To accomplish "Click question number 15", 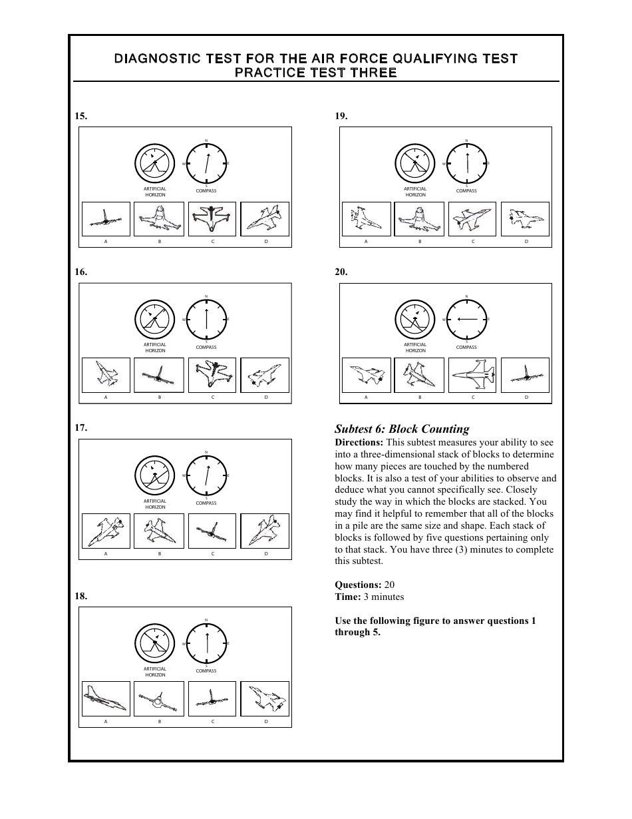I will click(80, 116).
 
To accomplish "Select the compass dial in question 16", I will click(206, 320).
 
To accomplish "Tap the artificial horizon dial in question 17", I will click(154, 475).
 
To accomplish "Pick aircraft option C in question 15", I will click(212, 219).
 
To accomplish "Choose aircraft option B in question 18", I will click(159, 698).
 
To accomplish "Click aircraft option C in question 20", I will click(473, 376).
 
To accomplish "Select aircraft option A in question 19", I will click(366, 219).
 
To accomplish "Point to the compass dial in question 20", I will click(466, 320).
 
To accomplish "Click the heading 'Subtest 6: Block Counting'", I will click(402, 429).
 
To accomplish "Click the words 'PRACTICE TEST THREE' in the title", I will click(316, 73).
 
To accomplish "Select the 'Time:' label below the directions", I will click(347, 597).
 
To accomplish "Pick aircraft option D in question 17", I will click(265, 531).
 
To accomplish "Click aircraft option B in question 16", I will click(159, 376).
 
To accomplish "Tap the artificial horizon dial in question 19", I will click(415, 163).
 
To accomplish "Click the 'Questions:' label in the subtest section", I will click(358, 585).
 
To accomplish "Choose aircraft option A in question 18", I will click(106, 698).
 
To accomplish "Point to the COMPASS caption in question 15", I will click(206, 191).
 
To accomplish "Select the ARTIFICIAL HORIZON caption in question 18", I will click(154, 672).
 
